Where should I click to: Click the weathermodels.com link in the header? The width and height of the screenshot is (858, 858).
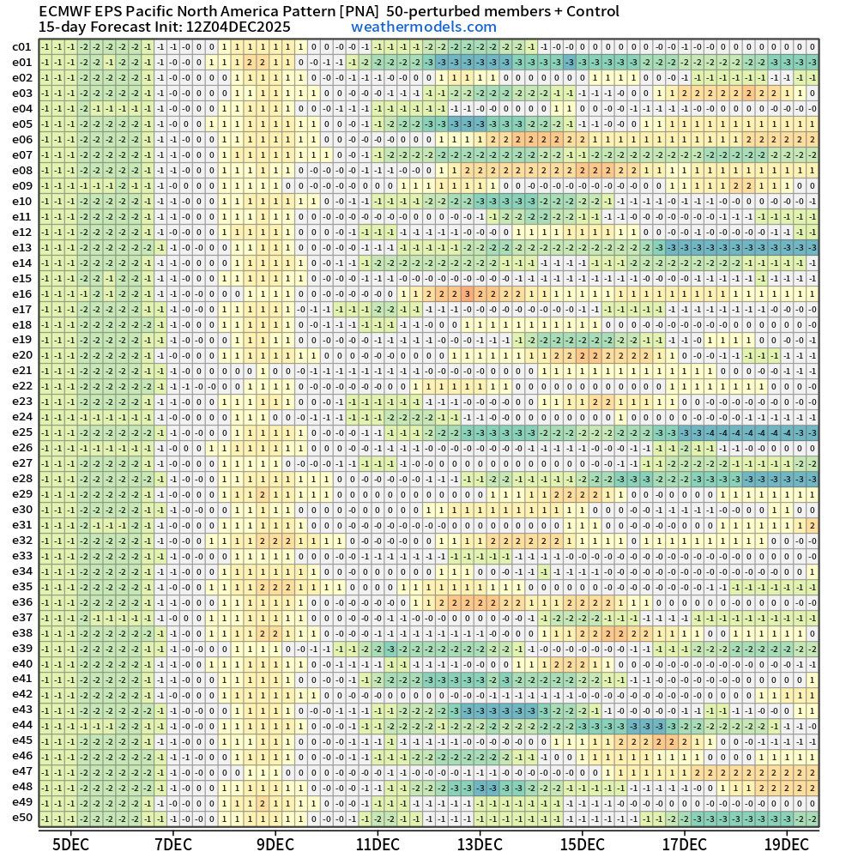point(424,27)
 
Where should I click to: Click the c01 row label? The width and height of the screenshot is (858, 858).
point(22,47)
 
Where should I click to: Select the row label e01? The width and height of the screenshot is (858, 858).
point(22,63)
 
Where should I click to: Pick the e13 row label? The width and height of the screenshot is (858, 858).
point(22,247)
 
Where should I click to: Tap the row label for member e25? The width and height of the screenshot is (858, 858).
point(22,432)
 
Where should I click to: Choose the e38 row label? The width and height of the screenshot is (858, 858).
point(22,632)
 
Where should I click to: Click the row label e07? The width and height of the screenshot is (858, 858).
point(22,154)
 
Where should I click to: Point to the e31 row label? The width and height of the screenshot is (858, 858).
point(22,524)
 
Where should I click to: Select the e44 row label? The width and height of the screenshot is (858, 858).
point(22,725)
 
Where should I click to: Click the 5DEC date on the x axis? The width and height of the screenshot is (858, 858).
point(70,843)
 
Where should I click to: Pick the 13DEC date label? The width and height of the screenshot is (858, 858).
point(480,843)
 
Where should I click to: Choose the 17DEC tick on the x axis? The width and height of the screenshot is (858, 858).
point(685,843)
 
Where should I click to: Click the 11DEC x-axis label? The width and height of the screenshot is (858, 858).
point(378,843)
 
